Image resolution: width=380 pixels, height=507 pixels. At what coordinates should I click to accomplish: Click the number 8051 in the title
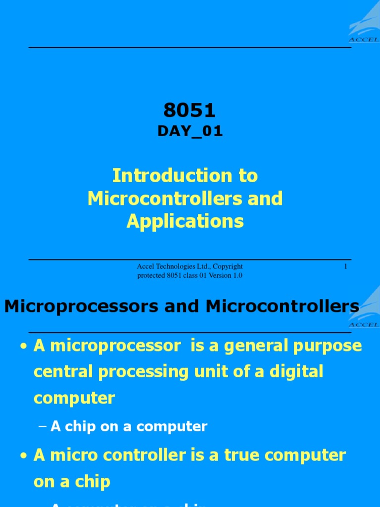point(190,110)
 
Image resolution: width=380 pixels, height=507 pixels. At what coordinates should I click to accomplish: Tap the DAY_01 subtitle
point(190,131)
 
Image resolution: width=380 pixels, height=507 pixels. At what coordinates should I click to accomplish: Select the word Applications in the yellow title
point(185,221)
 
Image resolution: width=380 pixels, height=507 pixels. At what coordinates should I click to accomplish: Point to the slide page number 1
point(345,267)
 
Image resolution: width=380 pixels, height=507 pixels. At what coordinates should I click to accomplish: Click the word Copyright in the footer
point(228,267)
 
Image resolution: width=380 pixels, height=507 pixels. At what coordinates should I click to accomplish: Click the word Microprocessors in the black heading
point(82,306)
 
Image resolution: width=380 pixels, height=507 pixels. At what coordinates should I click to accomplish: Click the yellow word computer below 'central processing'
point(74,398)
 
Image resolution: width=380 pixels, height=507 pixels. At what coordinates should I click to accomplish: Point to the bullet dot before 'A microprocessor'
point(23,347)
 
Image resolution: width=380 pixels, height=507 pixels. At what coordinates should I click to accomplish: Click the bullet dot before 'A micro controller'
point(23,456)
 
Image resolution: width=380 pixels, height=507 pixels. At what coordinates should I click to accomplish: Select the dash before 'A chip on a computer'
point(42,427)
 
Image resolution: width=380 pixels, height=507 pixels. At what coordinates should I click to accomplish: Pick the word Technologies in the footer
point(177,267)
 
